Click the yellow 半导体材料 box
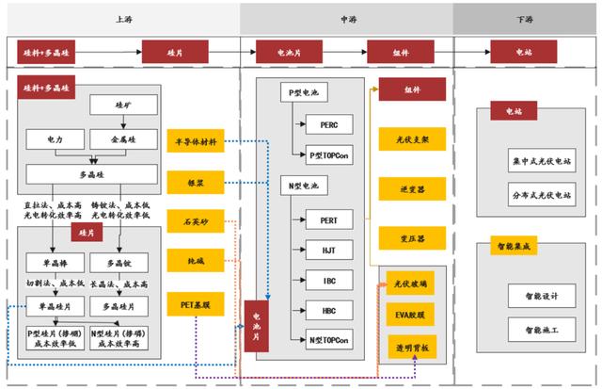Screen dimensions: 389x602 coord(196,142)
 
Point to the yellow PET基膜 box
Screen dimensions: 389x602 coord(196,302)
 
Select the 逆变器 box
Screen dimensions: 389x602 coord(405,189)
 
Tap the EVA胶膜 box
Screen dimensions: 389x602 coord(411,313)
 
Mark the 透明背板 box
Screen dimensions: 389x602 coord(411,347)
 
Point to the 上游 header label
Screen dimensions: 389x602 coord(122,18)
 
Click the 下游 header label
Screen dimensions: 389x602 coord(525,18)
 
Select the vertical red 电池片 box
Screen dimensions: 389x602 coord(255,324)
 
